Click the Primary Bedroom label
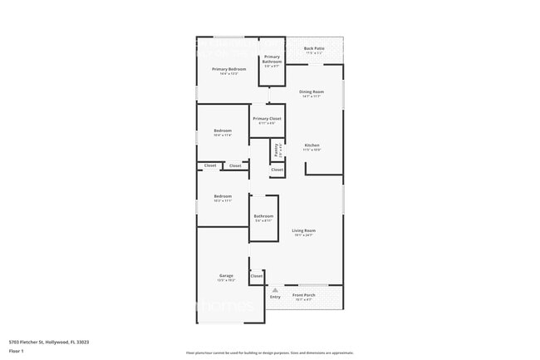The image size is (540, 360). (x=228, y=69)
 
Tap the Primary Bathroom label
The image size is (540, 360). (x=272, y=58)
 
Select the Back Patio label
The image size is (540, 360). (x=314, y=48)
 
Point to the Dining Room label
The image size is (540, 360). (x=312, y=91)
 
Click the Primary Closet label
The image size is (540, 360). (x=267, y=119)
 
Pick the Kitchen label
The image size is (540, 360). (x=312, y=145)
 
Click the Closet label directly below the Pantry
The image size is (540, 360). (x=277, y=170)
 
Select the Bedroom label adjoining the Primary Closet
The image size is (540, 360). (x=223, y=131)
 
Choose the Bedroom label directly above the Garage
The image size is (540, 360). (x=223, y=196)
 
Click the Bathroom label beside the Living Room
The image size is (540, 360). (x=263, y=216)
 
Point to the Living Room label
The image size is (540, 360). (x=303, y=230)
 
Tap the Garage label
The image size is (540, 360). (x=226, y=275)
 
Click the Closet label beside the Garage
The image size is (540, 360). (x=256, y=275)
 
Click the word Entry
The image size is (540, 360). (x=275, y=296)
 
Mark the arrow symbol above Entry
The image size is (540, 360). (x=275, y=289)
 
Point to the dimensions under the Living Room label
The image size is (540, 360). (x=303, y=235)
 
